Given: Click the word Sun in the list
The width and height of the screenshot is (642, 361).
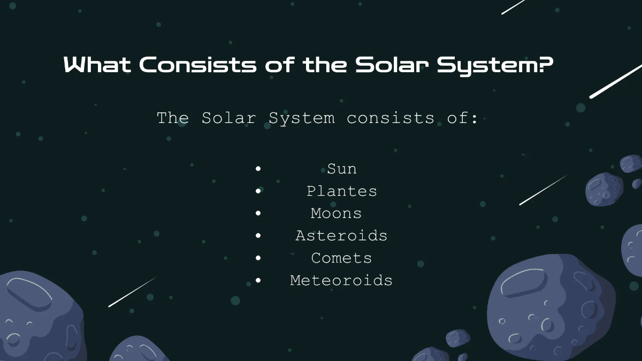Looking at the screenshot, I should [x=342, y=169].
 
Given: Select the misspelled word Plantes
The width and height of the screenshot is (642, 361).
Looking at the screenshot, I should [x=342, y=191].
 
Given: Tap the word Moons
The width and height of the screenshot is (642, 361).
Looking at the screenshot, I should [x=336, y=213].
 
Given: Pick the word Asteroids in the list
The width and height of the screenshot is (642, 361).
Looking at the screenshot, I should [x=341, y=236].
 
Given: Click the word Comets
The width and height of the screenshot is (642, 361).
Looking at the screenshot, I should [x=341, y=258].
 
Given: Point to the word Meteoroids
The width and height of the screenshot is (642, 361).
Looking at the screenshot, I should [x=341, y=280].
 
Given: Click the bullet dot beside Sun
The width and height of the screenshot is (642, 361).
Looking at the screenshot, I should [x=258, y=169].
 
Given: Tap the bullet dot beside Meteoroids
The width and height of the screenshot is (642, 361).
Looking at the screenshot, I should [x=258, y=280].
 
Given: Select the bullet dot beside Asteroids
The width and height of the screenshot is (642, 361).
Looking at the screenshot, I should [x=258, y=236].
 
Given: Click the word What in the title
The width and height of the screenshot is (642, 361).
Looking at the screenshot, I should [x=97, y=65].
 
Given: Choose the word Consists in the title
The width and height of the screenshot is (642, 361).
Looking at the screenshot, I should [x=198, y=65].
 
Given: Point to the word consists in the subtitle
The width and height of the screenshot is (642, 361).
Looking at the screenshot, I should [x=390, y=118].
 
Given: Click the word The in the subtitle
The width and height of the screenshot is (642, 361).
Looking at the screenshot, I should [x=173, y=118].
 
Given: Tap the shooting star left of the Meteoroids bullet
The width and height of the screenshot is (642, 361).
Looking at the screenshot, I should [x=132, y=291].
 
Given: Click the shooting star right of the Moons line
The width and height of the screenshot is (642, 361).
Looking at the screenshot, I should [x=542, y=190].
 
